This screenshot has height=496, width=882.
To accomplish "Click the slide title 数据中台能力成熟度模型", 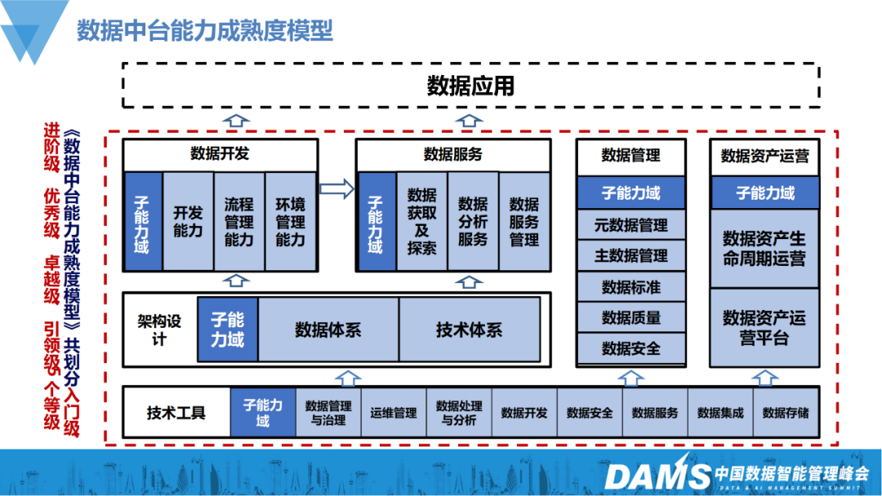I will coord(205,31).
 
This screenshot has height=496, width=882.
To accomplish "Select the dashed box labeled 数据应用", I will coord(470,85).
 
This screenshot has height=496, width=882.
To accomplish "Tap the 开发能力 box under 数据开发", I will coord(188,221).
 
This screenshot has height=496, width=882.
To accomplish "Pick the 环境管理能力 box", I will coord(290,221).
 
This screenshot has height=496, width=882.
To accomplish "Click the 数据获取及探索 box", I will coord(422,221).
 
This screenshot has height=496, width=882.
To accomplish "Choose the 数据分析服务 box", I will coord(473,221).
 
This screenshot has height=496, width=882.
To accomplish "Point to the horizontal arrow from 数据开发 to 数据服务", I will coord(336,189).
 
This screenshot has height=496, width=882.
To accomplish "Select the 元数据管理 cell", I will coord(630,225).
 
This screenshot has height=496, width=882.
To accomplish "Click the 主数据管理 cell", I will coord(630,256).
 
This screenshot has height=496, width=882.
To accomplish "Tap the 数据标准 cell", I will coord(630,287).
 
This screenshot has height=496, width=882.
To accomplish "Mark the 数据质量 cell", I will coord(630,318).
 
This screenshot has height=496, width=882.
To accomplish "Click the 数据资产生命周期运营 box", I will coord(764,248).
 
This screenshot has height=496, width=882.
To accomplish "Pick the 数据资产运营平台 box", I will coord(764,327).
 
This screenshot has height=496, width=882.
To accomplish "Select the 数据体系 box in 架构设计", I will coord(327,330).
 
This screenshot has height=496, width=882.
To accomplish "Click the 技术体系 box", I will coord(469,330).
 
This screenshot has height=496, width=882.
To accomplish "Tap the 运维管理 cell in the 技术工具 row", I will coord(394,413).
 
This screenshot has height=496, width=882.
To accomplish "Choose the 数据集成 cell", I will coord(720,413).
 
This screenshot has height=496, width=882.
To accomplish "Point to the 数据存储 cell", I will coord(786,413).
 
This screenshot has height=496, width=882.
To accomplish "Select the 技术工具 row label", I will coord(176,413).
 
